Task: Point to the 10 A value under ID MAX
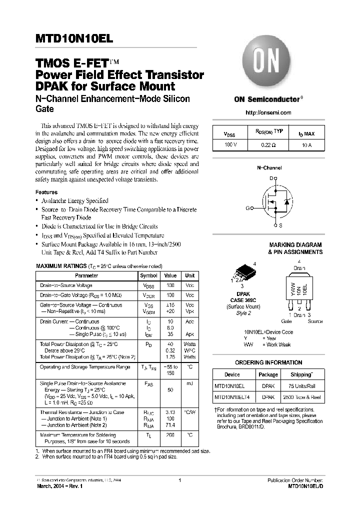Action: (306, 144)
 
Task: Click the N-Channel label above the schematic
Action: (269, 168)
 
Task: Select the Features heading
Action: (46, 192)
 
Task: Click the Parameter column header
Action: (86, 275)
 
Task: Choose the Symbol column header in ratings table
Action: (148, 275)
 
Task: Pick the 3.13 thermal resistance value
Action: (170, 412)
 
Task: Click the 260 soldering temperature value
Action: (170, 435)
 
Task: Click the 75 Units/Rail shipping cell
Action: (301, 386)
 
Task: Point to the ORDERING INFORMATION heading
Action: (268, 362)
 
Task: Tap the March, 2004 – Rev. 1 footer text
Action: (60, 486)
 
